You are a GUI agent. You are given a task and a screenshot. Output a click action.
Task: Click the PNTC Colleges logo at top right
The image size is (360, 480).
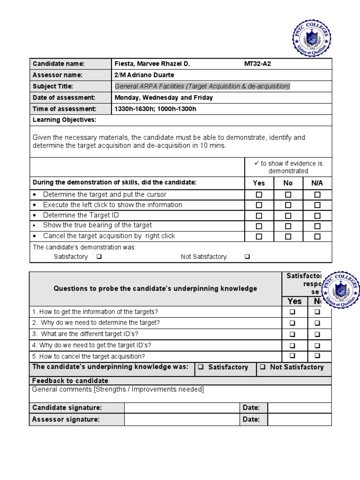(311, 37)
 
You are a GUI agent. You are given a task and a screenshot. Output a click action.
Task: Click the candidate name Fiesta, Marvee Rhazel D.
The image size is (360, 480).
(152, 64)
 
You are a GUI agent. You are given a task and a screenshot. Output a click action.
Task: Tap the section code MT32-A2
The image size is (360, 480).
(257, 64)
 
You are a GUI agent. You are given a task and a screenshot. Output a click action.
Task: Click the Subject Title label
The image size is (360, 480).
(53, 86)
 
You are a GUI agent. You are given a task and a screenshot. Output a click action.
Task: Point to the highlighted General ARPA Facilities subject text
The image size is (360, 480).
(202, 86)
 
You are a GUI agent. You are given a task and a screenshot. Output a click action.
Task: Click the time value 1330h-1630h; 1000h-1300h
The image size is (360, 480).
(155, 109)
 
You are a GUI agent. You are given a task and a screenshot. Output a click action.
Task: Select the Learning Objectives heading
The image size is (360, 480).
(64, 120)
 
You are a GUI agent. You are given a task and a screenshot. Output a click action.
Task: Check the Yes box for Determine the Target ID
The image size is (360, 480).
(259, 216)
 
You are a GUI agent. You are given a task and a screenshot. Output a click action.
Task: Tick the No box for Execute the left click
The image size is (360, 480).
(288, 205)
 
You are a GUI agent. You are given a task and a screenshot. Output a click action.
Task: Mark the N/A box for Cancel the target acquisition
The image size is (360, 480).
(317, 237)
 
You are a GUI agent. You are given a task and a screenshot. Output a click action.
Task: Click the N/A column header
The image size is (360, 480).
(317, 183)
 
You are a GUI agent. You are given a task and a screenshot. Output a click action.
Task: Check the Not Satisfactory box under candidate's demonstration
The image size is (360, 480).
(247, 257)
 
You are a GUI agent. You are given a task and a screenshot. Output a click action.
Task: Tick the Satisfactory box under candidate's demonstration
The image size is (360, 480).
(99, 257)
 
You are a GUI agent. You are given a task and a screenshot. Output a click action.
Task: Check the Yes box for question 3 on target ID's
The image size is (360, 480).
(292, 335)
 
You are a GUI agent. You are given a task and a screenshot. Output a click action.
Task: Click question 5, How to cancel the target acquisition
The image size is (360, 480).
(89, 356)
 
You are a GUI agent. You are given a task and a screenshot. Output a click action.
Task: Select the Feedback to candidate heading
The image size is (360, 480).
(70, 381)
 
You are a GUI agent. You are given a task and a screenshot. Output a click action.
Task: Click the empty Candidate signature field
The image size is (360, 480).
(182, 408)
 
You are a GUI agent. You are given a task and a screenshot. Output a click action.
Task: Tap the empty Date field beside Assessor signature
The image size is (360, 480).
(299, 420)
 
